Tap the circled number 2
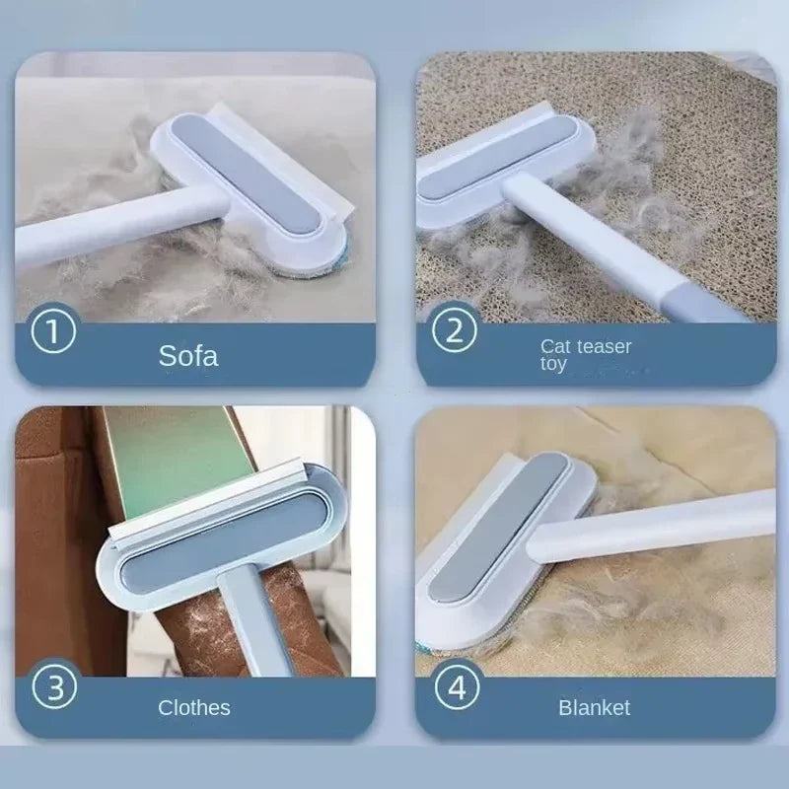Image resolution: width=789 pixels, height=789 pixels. [x=455, y=330]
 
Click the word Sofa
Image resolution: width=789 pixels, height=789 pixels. [x=188, y=356]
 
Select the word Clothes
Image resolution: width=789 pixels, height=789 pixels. [x=194, y=707]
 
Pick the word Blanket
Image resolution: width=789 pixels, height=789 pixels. [x=594, y=707]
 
